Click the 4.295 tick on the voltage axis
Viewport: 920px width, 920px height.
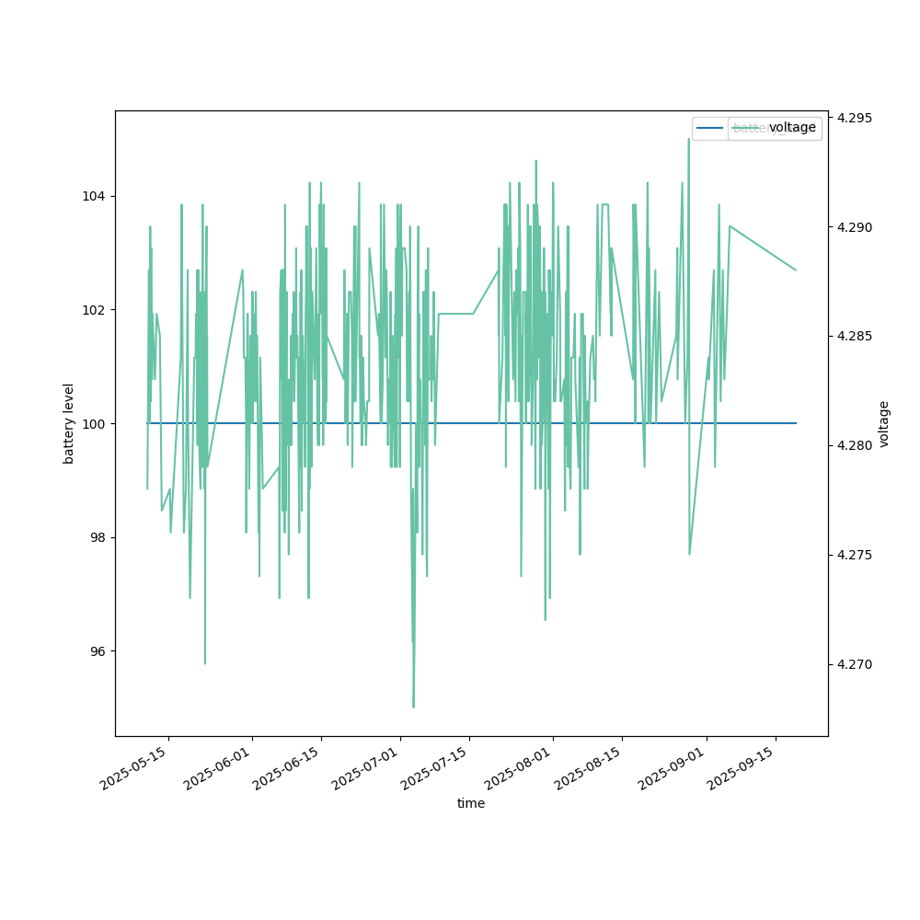tap(855, 119)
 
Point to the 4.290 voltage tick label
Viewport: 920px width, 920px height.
tap(855, 227)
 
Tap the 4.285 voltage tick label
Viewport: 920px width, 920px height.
tap(855, 337)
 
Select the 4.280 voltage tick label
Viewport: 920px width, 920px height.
tap(855, 446)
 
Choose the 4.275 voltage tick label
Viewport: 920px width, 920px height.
tap(855, 555)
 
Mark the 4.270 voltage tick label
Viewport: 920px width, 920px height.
tap(855, 664)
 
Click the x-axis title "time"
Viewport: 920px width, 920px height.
tap(471, 803)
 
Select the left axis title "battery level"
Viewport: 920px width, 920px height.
tap(69, 423)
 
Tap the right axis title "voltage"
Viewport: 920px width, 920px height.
tap(884, 423)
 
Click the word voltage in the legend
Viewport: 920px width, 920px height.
tap(792, 128)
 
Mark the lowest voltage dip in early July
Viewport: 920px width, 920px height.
tap(413, 707)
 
